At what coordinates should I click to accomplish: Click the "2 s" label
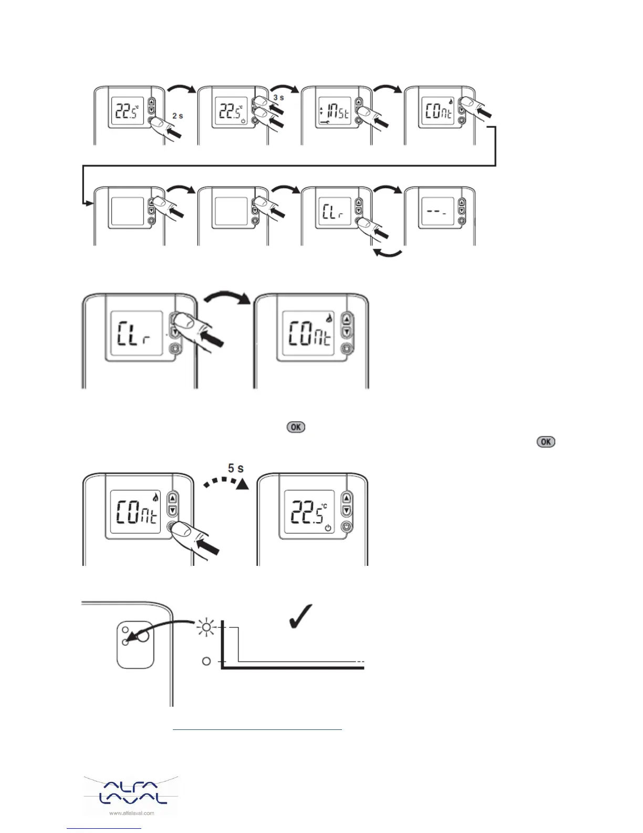[178, 116]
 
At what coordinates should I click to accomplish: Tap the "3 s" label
[278, 98]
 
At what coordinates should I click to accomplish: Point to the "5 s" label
[235, 468]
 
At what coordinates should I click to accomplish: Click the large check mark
[302, 616]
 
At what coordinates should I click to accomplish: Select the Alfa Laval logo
[131, 791]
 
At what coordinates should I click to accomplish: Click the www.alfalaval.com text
[131, 813]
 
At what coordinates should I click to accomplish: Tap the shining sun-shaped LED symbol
[206, 627]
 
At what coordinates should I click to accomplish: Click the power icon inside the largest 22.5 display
[328, 527]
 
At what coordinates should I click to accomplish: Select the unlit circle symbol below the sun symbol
[206, 661]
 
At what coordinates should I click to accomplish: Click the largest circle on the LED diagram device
[142, 636]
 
